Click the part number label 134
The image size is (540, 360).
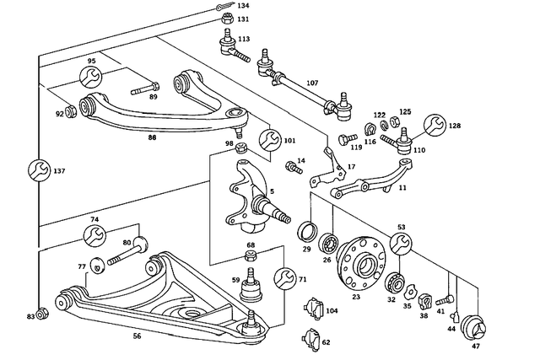tap(242, 6)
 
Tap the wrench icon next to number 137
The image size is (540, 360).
tap(37, 171)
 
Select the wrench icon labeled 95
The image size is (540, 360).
tap(91, 78)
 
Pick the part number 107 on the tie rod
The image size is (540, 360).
tap(312, 83)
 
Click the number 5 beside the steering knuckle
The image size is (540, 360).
tap(272, 191)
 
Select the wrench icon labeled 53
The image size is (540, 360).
tap(401, 244)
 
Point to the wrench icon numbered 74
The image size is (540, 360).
tap(95, 235)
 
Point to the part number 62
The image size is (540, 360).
tap(325, 343)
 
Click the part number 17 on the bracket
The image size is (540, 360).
tap(351, 167)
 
